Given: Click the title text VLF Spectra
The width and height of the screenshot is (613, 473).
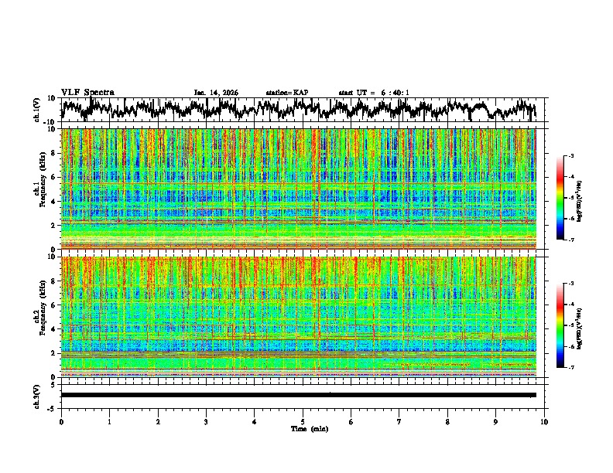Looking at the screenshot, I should tap(87, 92).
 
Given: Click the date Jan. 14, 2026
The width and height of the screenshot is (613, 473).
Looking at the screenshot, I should tap(216, 93).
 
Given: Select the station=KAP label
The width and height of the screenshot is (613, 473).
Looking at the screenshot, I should tap(287, 93).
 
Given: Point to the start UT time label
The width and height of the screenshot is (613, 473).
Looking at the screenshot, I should tap(374, 93).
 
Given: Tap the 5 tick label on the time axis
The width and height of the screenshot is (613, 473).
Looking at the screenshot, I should tap(303, 422).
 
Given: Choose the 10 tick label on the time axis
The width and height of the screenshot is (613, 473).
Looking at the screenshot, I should tap(545, 422).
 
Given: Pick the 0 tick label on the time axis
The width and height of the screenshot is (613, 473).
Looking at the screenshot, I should tap(61, 422).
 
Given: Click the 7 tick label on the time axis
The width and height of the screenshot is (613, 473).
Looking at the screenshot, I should tap(399, 422).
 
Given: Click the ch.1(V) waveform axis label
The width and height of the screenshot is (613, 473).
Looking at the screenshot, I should tap(37, 110).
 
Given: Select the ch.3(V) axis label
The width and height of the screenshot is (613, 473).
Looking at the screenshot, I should tap(37, 395).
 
